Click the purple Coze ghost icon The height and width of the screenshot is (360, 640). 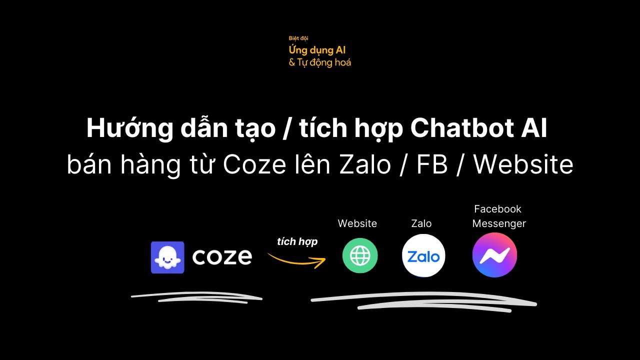(167, 257)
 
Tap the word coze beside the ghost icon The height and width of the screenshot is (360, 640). (222, 257)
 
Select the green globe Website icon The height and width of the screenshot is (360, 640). (360, 256)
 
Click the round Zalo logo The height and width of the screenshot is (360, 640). (423, 256)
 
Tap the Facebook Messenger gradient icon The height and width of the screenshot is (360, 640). (494, 255)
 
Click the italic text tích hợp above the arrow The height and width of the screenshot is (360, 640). (297, 241)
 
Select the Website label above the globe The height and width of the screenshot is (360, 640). (357, 223)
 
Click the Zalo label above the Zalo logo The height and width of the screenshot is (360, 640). (421, 223)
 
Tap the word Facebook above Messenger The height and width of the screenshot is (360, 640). (497, 209)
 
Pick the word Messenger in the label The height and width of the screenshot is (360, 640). (499, 223)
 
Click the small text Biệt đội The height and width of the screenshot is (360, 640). (298, 38)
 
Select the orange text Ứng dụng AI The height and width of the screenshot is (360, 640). (317, 50)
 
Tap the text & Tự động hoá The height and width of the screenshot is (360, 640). (320, 62)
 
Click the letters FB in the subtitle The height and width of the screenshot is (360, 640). (432, 165)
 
